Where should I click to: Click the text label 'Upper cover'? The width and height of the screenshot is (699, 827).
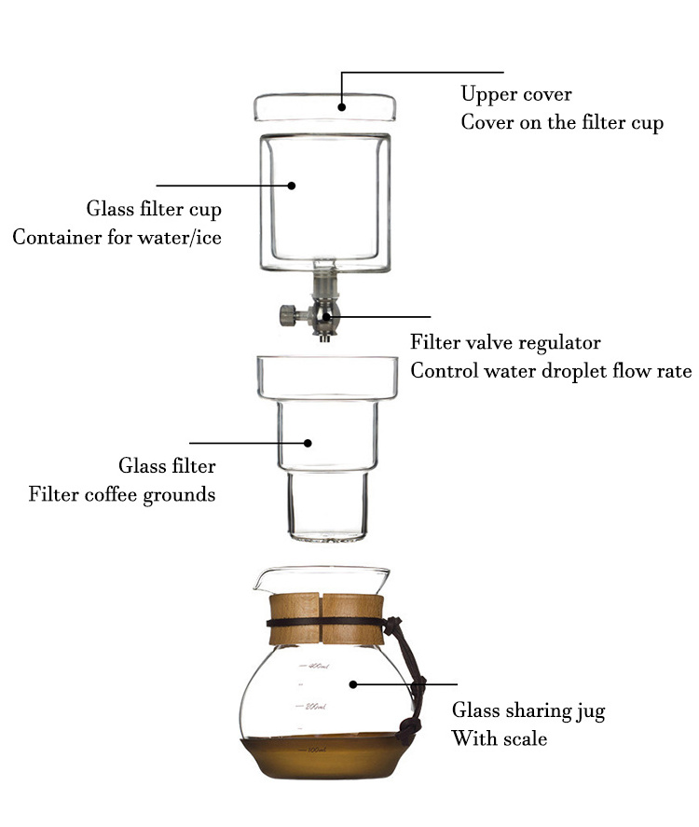[x=516, y=95]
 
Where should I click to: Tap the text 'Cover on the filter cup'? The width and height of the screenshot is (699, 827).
[x=562, y=124]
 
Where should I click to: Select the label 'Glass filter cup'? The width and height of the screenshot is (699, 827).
[x=154, y=209]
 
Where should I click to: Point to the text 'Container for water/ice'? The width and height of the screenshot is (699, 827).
[x=116, y=238]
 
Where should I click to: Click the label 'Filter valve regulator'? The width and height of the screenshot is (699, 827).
[x=505, y=342]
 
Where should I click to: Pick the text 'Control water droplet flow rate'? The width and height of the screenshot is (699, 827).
[x=551, y=371]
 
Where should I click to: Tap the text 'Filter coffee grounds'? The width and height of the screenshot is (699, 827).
[x=122, y=494]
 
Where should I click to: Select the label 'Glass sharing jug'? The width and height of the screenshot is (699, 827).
[x=528, y=711]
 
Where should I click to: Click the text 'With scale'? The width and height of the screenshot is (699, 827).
[x=499, y=739]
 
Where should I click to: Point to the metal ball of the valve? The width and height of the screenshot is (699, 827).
[x=322, y=316]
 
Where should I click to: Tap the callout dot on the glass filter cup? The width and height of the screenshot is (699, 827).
[x=292, y=186]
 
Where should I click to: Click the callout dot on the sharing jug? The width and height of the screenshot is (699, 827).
[x=353, y=684]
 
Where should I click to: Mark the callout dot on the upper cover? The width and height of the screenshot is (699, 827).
[x=341, y=107]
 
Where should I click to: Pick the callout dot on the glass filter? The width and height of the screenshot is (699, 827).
[x=311, y=443]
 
